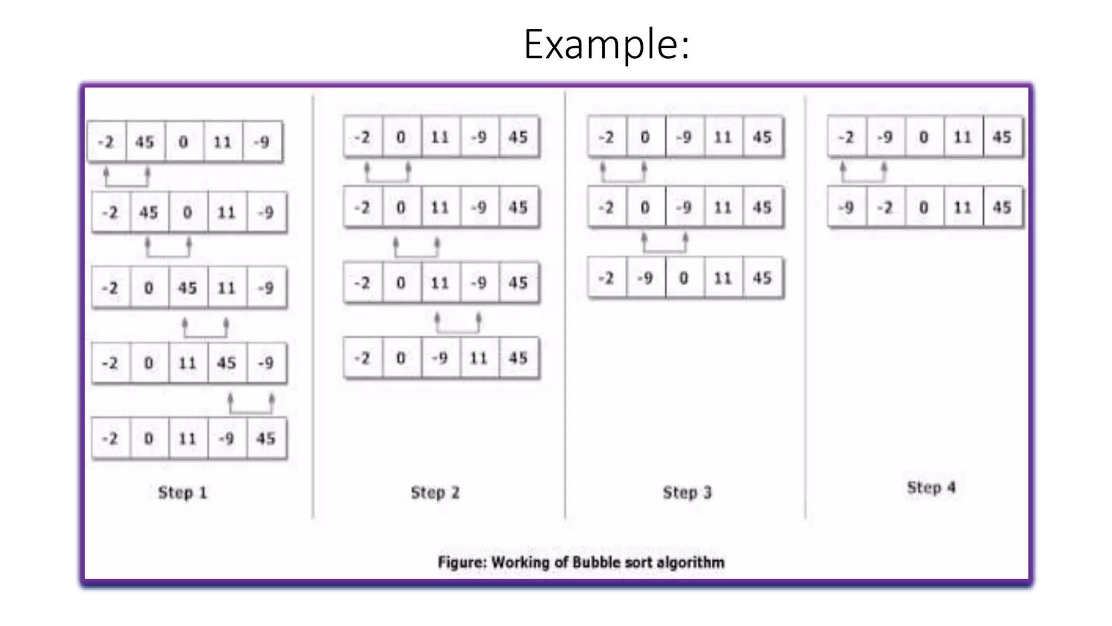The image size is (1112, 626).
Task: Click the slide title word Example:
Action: point(606,45)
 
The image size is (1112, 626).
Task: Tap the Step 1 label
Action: point(182,493)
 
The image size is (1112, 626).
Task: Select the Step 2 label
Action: point(435,493)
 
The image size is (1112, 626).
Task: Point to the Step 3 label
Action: point(687,493)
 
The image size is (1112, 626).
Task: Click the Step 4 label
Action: point(931,487)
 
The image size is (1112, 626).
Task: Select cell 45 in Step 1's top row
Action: point(145,142)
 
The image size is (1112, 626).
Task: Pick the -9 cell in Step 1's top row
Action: point(262,142)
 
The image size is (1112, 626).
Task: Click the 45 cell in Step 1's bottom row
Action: point(266,439)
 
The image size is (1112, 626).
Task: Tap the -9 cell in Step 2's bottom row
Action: point(440,358)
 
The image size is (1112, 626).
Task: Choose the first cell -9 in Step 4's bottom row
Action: point(846,208)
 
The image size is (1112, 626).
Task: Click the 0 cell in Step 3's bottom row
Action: point(684,278)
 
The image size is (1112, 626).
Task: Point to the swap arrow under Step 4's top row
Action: point(863,173)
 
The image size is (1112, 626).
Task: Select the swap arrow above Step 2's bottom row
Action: point(458,323)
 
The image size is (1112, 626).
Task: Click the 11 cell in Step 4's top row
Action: point(963,137)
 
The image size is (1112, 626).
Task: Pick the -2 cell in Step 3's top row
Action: point(606,137)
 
